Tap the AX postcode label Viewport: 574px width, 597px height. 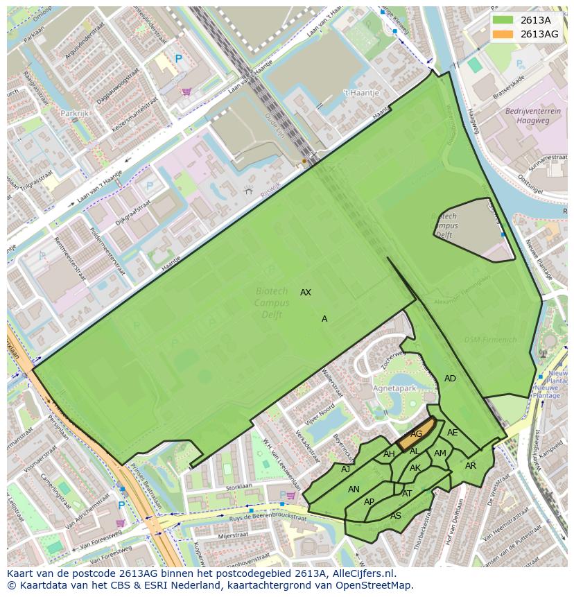click(x=306, y=293)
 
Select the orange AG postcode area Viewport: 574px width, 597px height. click(x=416, y=433)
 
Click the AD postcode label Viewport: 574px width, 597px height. click(x=451, y=379)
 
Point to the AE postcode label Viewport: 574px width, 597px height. click(x=453, y=433)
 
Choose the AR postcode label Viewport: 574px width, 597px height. click(x=471, y=466)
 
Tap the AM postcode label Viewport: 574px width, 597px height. click(x=440, y=454)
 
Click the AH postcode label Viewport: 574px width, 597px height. click(x=389, y=455)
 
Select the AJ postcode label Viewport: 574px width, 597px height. click(x=346, y=469)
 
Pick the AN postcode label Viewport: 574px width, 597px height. click(x=354, y=490)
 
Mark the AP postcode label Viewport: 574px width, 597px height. click(x=369, y=502)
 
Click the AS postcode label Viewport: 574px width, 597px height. click(x=396, y=516)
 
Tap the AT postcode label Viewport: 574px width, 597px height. click(x=407, y=494)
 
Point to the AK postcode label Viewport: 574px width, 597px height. click(x=415, y=468)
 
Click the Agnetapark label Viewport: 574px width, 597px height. click(x=394, y=389)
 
